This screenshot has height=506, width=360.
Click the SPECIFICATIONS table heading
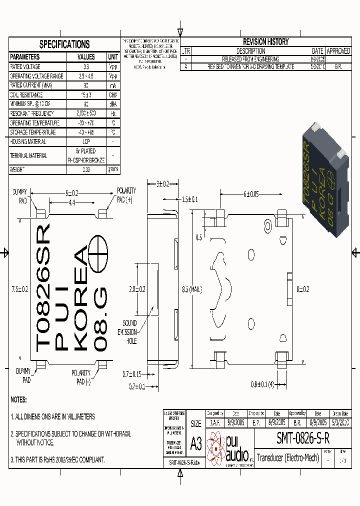coord(64,44)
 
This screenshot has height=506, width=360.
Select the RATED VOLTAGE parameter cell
coord(25,66)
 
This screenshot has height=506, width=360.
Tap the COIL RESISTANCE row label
coord(26,95)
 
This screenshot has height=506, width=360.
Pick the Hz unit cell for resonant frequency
coord(113,113)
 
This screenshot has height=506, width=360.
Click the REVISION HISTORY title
coord(265,42)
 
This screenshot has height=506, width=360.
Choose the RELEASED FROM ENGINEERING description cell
coord(250,58)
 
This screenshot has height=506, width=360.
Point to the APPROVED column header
coord(338,51)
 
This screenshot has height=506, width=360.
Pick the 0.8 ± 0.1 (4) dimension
coord(262,384)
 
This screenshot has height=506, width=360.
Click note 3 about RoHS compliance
coord(57,459)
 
